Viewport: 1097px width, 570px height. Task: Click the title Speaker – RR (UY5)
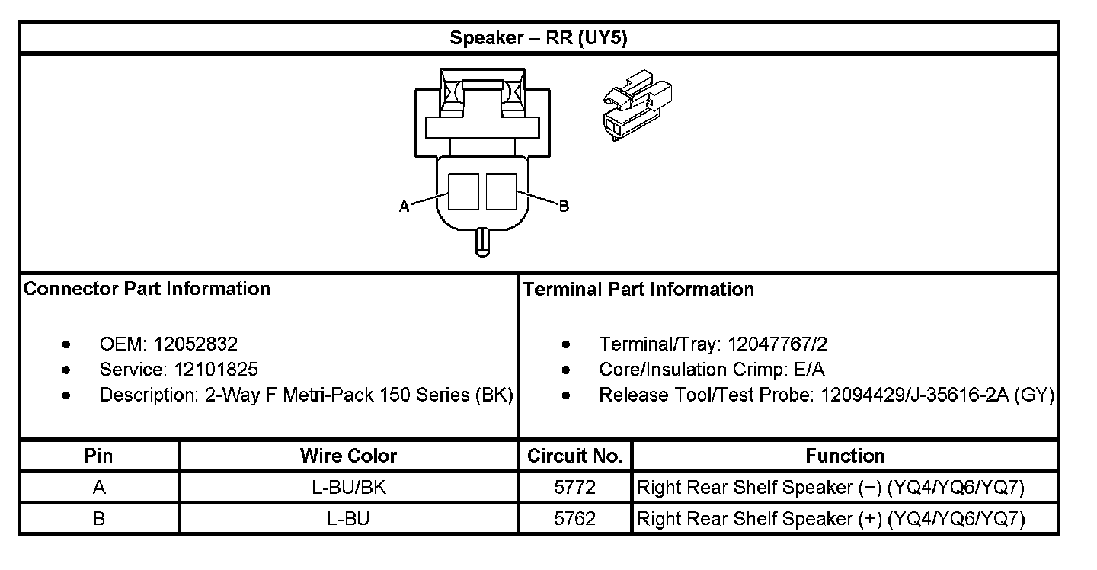tap(538, 38)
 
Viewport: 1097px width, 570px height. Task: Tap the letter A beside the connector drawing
tap(404, 206)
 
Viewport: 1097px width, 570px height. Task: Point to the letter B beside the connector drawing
tap(564, 206)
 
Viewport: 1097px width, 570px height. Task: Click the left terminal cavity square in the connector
tap(463, 191)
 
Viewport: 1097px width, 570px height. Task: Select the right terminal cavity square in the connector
tap(501, 191)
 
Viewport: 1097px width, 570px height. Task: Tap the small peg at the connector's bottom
tap(481, 242)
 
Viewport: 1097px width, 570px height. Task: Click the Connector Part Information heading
tap(147, 289)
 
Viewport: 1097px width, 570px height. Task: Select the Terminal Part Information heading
tap(638, 290)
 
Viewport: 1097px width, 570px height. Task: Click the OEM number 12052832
tap(196, 344)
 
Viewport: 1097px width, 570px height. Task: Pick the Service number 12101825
tap(216, 370)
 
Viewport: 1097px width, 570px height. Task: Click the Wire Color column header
tap(348, 456)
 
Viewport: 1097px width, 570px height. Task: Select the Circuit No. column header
tap(575, 456)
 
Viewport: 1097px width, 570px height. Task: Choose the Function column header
tap(845, 456)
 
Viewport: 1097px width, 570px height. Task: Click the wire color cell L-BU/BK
tap(349, 487)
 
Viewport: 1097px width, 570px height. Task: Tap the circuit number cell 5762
tap(574, 519)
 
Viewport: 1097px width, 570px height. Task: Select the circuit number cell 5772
tap(574, 487)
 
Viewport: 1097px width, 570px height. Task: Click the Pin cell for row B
tap(99, 519)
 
